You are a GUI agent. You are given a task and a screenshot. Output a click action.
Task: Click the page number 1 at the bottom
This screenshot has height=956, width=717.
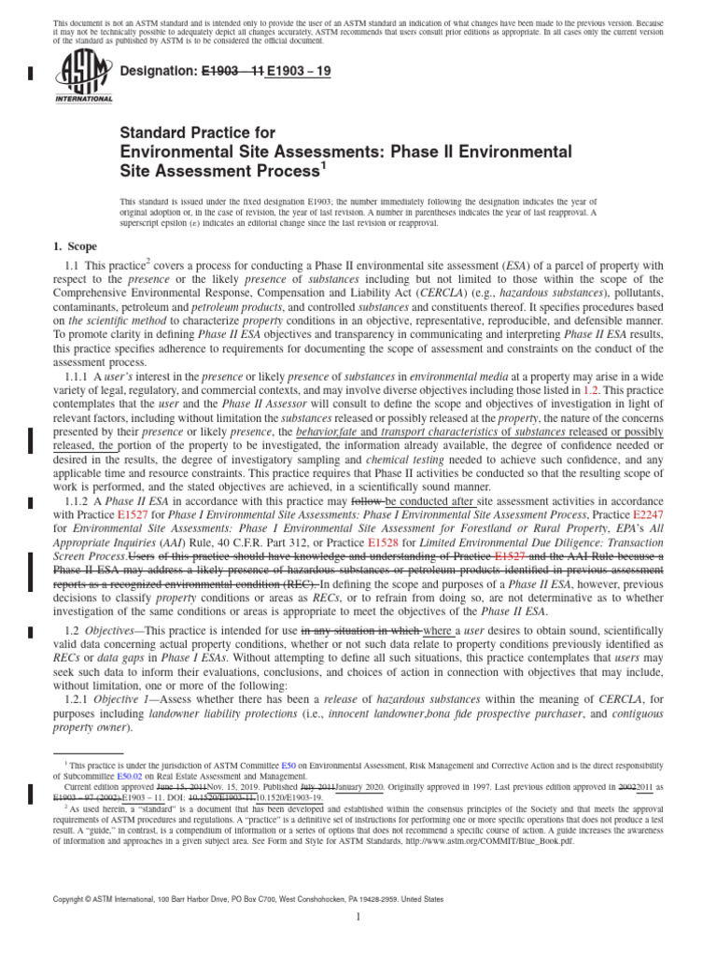358,918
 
